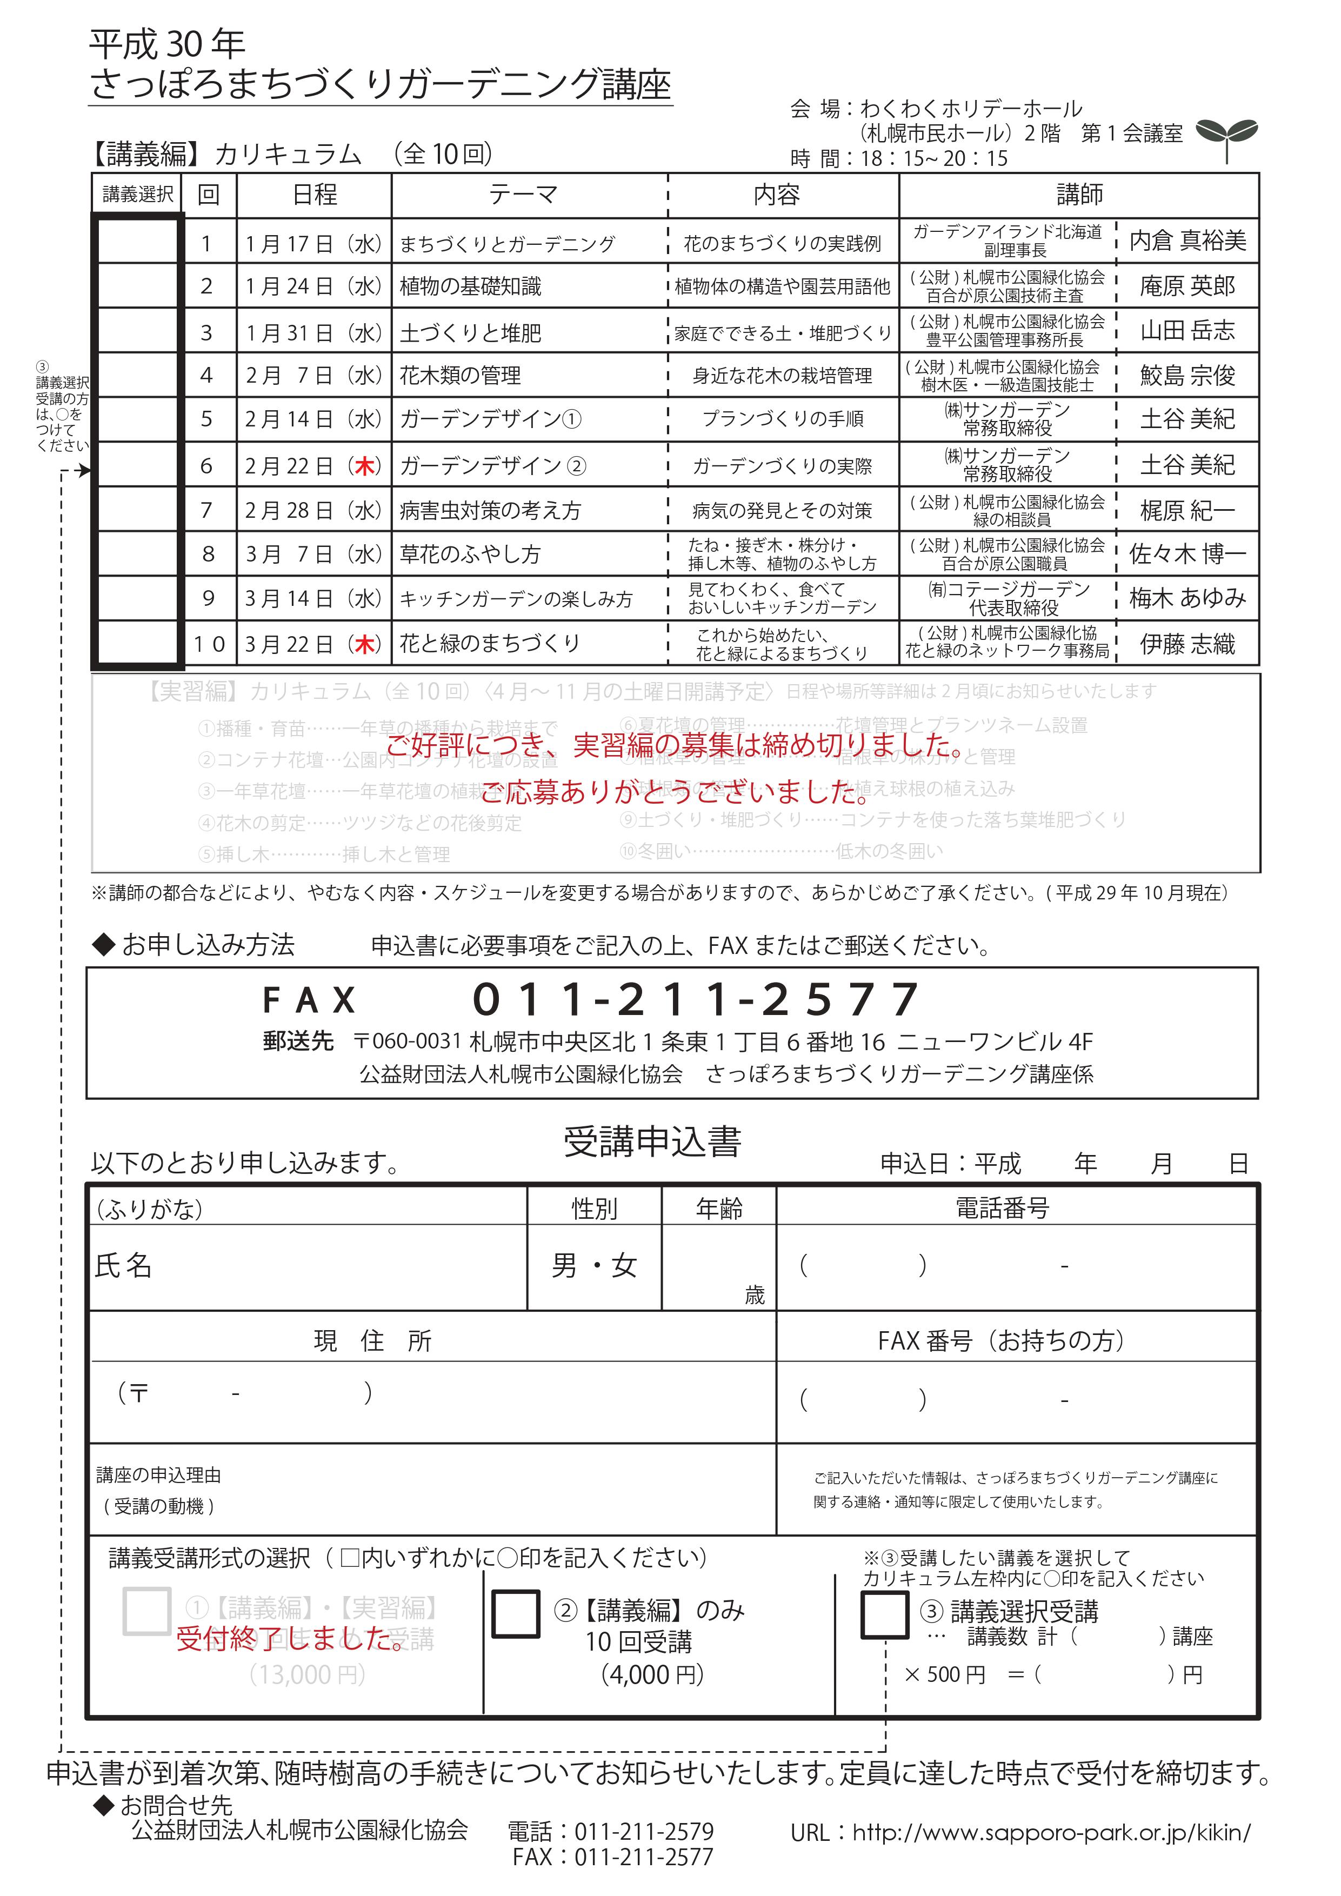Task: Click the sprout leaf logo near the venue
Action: pos(1227,136)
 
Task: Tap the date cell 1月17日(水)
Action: pos(314,244)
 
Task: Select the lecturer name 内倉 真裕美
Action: pos(1187,241)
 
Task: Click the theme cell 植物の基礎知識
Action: pos(471,286)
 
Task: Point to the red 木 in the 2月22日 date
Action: pos(364,466)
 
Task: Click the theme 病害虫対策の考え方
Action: pos(490,511)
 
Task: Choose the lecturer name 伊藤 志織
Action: pos(1187,644)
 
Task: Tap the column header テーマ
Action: pos(524,195)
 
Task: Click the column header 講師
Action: pos(1079,195)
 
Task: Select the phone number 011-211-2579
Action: pos(643,1832)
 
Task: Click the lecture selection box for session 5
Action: pos(137,419)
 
